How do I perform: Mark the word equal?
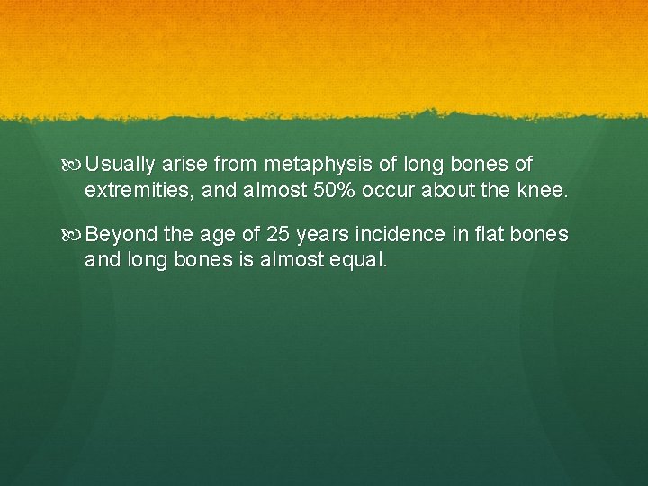(x=362, y=260)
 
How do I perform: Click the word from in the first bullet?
(x=235, y=165)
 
